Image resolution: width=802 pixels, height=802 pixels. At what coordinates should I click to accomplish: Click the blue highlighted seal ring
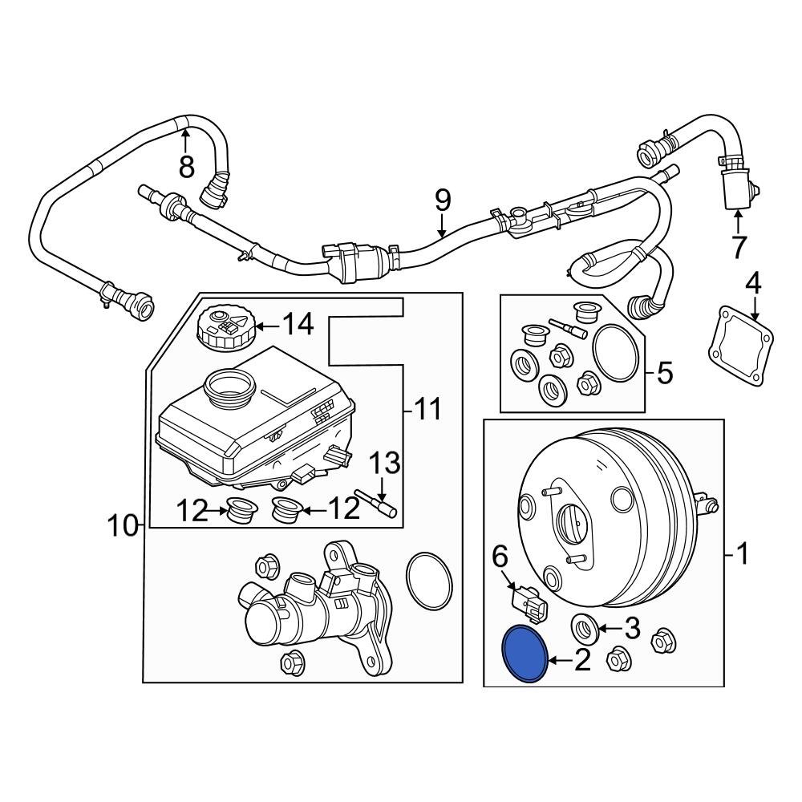(x=524, y=654)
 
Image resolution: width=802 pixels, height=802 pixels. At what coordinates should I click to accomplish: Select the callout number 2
(x=581, y=660)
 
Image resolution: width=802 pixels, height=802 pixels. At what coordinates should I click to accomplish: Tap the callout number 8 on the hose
(x=186, y=166)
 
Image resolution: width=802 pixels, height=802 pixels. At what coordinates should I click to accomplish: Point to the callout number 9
(x=444, y=200)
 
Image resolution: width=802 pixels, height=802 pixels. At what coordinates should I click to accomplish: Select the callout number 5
(x=665, y=373)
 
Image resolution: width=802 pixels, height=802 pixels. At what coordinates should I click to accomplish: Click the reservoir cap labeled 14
(x=223, y=327)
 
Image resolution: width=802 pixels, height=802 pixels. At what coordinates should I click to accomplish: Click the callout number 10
(x=124, y=526)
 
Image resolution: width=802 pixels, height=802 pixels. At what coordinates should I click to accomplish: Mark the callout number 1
(x=742, y=553)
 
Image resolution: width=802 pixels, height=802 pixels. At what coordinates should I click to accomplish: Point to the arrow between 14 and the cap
(x=268, y=325)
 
